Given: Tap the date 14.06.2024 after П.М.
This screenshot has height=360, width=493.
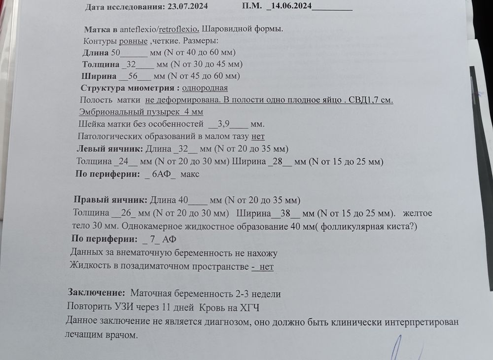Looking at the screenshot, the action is click(289, 6).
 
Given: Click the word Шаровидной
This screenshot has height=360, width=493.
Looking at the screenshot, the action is click(228, 29).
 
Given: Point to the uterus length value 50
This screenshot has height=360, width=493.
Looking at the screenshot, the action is click(116, 52).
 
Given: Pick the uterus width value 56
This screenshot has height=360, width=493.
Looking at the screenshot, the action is click(132, 76).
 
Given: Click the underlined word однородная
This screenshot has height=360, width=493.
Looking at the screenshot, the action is click(205, 88).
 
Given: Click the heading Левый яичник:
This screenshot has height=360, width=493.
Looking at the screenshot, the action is click(110, 148).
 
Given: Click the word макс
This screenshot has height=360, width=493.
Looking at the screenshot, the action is click(190, 174).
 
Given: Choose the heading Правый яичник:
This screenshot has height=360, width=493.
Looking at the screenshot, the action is click(110, 200).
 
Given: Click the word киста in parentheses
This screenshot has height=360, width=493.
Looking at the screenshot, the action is click(400, 227).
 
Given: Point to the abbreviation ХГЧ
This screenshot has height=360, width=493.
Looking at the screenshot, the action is click(249, 307).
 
